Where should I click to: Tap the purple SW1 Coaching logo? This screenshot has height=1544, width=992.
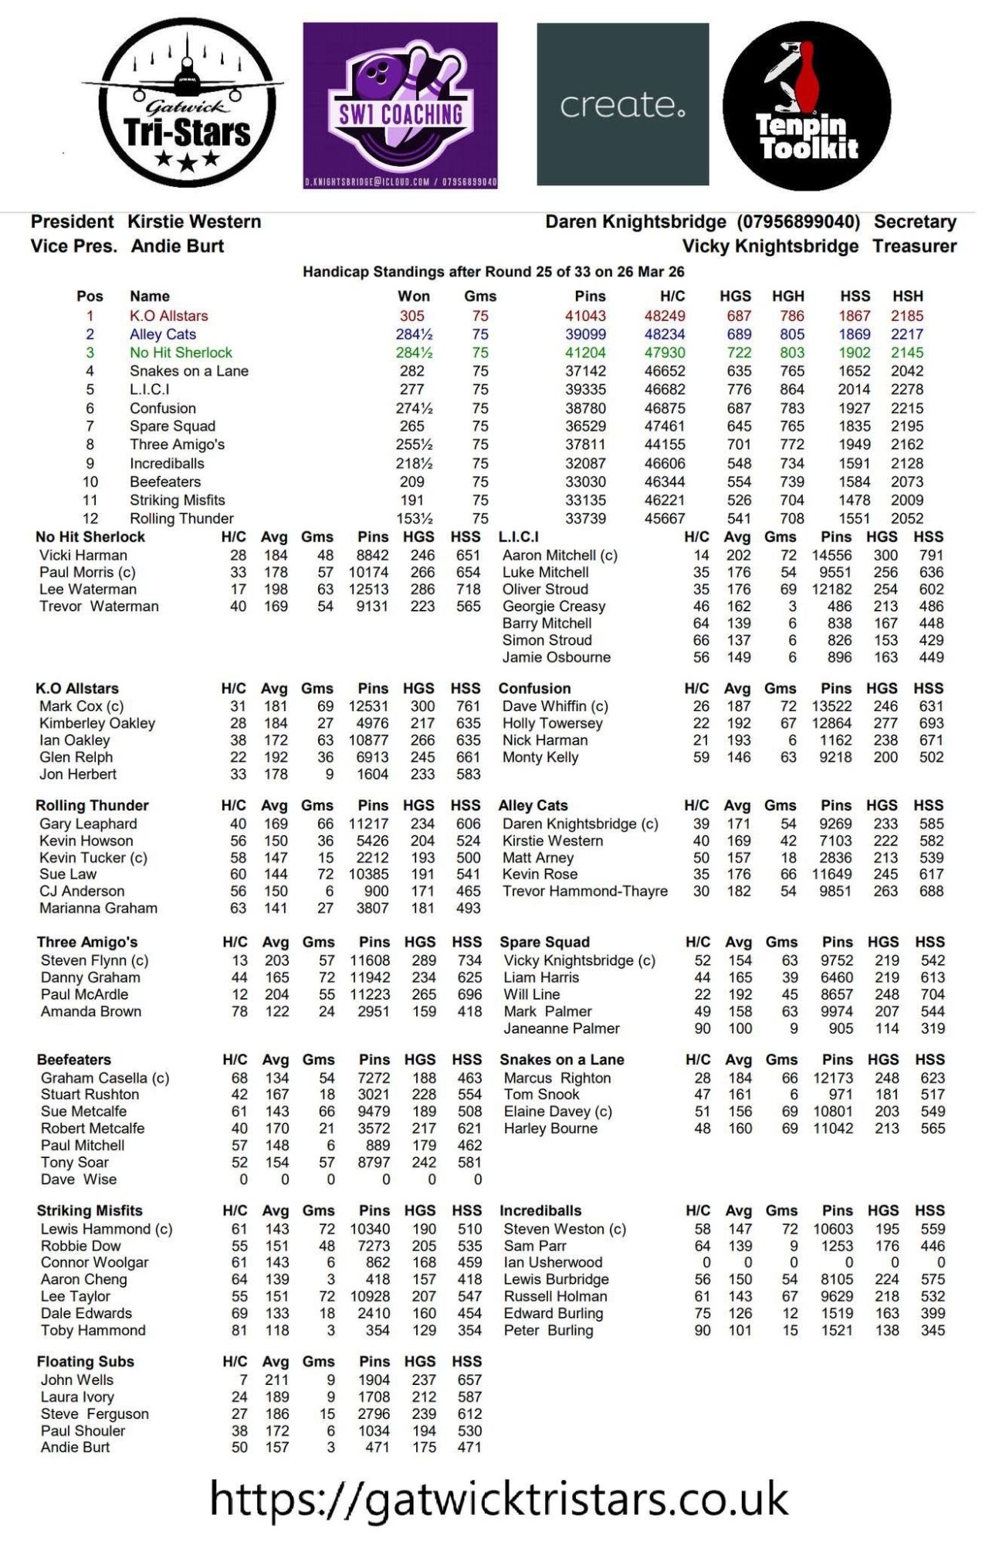coord(400,105)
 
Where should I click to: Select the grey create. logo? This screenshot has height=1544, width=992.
coord(622,104)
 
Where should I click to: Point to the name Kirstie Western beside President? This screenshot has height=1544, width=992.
coord(194,222)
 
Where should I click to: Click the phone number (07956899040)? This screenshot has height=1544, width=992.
coord(798,222)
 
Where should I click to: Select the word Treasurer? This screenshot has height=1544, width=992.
coord(914,246)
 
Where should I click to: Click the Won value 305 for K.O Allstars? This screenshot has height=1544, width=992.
coord(412,316)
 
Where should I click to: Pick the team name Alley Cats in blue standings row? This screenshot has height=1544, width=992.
coord(163,334)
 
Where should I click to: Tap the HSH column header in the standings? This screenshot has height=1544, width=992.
coord(907,296)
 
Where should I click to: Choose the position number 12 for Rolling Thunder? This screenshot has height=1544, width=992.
coord(90,519)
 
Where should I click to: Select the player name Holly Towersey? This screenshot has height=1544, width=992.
coord(552,723)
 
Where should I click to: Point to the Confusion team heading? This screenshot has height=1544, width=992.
coord(534,689)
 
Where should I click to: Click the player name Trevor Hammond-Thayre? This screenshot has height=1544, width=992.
coord(585,892)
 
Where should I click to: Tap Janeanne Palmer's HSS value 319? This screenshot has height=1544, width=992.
coord(932,1028)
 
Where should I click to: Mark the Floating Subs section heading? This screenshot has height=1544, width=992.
coord(86,1362)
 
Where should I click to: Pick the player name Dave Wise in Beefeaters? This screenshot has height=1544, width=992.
coord(79,1180)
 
